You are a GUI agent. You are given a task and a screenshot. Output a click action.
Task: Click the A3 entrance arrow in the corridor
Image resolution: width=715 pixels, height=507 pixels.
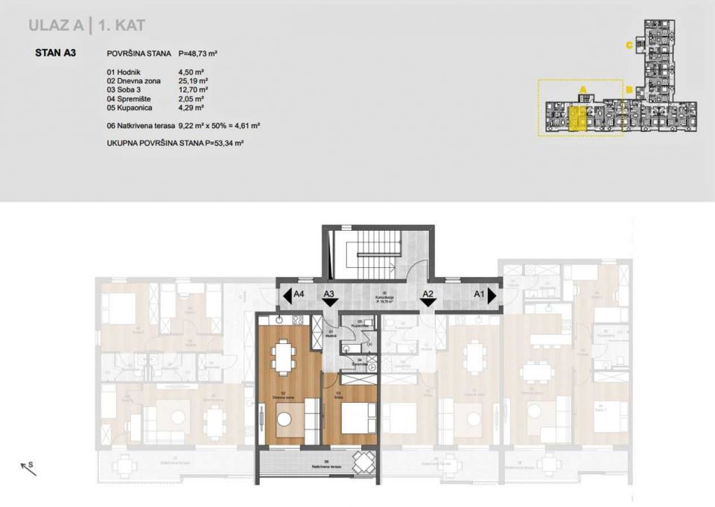click(x=329, y=302)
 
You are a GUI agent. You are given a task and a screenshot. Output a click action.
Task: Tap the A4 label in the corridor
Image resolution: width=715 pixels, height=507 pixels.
click(x=299, y=294)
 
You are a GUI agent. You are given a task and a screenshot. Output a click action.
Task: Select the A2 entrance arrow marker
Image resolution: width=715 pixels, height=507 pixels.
click(x=428, y=302)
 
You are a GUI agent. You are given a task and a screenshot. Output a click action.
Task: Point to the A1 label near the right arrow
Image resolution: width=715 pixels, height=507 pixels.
click(x=479, y=294)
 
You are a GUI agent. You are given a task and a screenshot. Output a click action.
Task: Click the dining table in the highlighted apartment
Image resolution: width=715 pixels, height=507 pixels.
click(x=283, y=357)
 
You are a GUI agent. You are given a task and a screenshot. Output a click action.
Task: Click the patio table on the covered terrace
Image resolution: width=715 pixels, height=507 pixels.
click(x=363, y=463)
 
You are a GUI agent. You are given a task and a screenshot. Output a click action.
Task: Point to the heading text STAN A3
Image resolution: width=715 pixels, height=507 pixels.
click(x=55, y=54)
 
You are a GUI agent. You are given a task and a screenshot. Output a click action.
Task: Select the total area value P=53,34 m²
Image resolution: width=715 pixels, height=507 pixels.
click(x=224, y=141)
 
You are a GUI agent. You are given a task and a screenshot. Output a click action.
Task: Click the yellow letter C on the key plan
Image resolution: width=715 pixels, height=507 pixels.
click(x=629, y=45)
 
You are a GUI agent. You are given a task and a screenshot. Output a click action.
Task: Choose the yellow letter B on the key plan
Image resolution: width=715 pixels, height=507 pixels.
click(x=629, y=91)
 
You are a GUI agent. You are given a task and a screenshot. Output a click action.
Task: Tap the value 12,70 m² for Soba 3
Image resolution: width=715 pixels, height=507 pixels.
click(x=194, y=89)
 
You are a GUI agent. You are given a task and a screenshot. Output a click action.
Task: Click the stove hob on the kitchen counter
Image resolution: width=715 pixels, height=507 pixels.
click(x=296, y=320)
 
